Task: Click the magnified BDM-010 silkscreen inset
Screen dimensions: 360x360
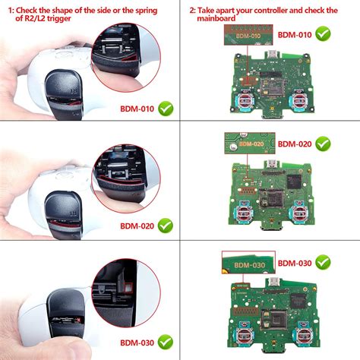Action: coord(243,35)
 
